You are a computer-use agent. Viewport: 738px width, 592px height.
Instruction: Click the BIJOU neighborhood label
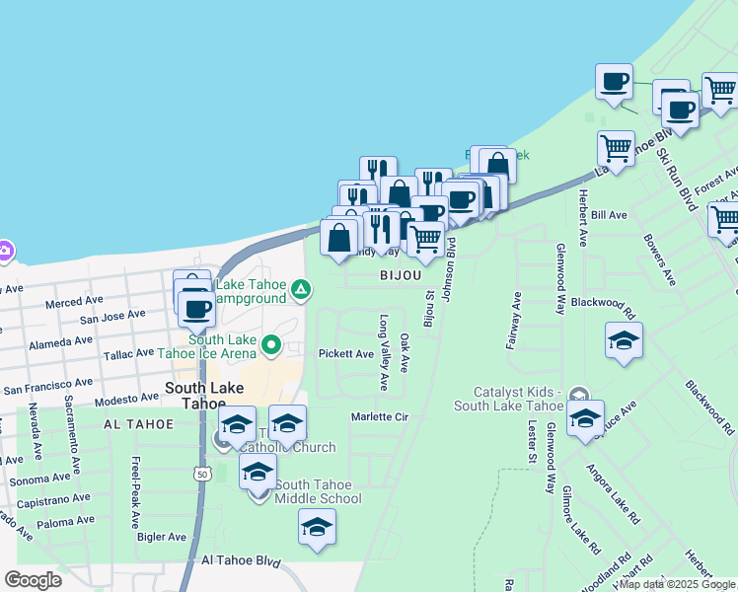[x=400, y=277]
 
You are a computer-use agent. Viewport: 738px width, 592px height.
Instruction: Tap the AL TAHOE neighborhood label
[x=137, y=423]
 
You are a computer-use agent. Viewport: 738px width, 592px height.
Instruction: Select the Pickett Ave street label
[x=345, y=353]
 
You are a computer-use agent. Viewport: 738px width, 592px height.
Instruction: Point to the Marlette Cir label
[x=380, y=417]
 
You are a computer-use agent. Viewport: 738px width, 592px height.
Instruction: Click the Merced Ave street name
[x=74, y=301]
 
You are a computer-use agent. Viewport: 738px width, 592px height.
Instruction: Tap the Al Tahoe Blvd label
[x=241, y=559]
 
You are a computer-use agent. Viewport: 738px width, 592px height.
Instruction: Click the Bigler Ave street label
[x=162, y=537]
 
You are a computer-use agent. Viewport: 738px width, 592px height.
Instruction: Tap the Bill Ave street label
[x=610, y=215]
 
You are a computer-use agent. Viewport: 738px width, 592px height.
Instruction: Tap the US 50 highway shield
[x=201, y=475]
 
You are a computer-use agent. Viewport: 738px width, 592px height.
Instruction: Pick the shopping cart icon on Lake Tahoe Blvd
[x=616, y=149]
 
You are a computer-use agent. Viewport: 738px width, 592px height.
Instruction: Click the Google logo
[x=33, y=580]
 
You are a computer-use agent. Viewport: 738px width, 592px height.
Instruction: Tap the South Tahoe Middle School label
[x=318, y=491]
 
